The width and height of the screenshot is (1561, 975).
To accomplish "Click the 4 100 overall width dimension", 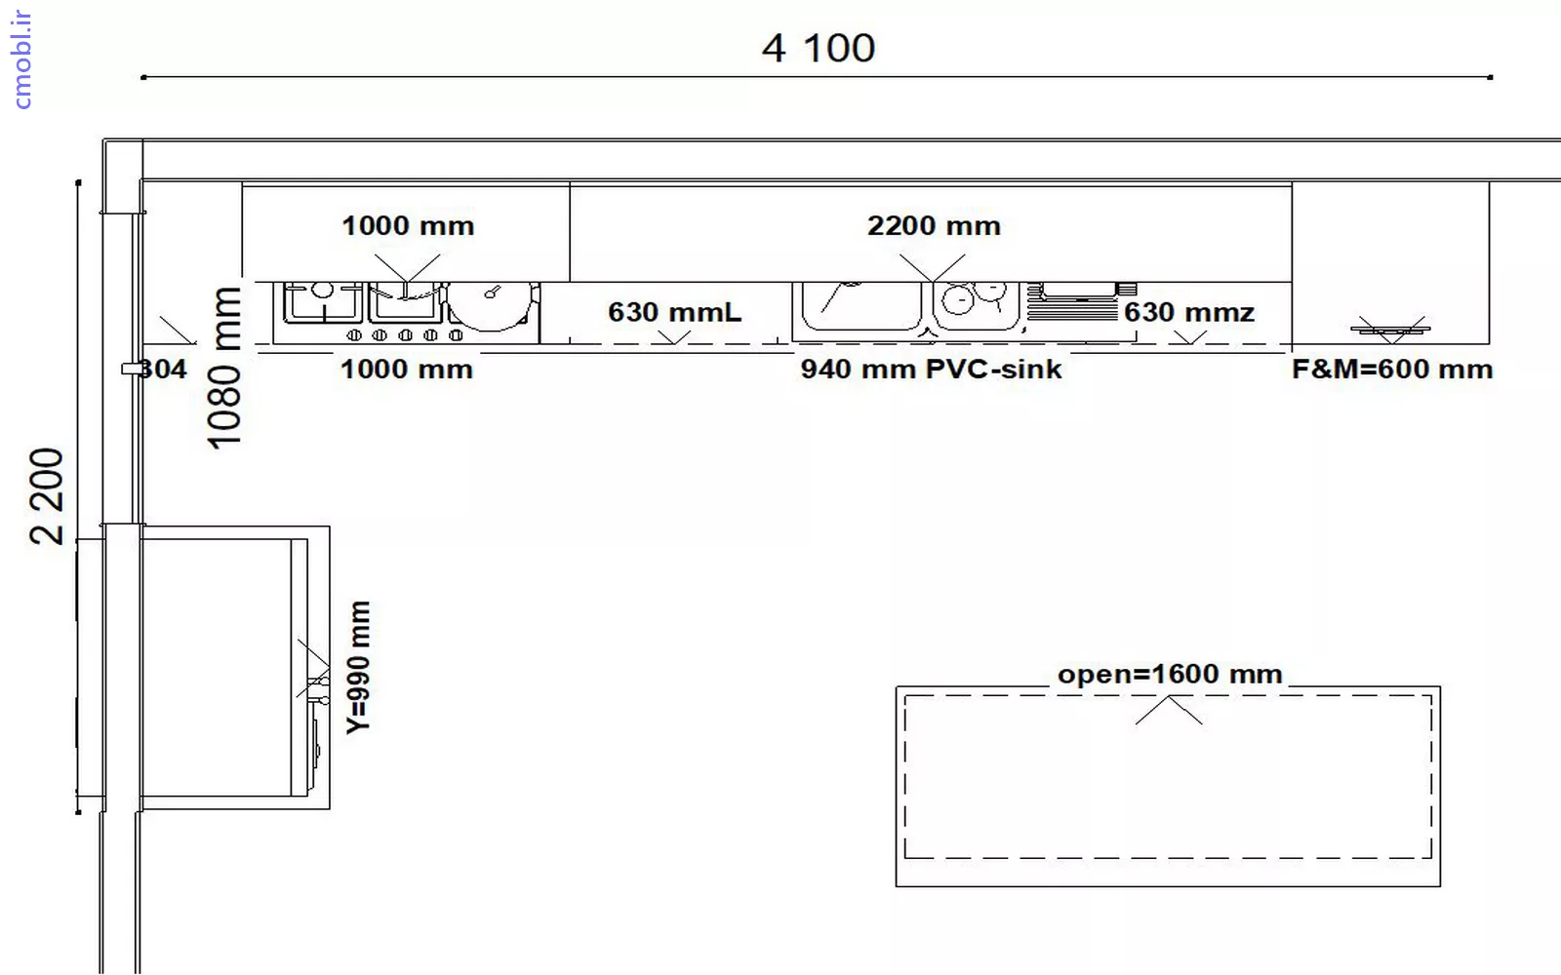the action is point(819,48).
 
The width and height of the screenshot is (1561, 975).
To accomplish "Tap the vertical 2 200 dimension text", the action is point(47,496).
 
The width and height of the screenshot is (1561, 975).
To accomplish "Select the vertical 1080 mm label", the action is point(225,368).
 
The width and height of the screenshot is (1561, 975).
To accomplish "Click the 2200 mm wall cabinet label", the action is point(934,225).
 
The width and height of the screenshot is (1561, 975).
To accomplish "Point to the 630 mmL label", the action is point(674,312).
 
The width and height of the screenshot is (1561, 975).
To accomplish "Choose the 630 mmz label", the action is point(1189,312).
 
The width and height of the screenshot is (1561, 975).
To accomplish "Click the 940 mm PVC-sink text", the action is point(931,370).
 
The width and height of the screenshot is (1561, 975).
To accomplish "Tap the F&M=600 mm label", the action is point(1392,370).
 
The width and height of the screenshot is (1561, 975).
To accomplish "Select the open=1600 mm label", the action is point(1170,674).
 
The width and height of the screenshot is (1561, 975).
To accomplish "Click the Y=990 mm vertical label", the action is point(359,667).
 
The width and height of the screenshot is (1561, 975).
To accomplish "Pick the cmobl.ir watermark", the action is point(21,59).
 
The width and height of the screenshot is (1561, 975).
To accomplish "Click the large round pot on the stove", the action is point(491,305).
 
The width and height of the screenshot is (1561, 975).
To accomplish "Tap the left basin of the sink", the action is point(861,305).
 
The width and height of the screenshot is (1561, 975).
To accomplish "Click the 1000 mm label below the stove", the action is point(407,370).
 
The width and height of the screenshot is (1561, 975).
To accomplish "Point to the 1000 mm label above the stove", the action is point(409,225).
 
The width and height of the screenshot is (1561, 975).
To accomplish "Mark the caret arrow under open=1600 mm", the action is point(1169,710).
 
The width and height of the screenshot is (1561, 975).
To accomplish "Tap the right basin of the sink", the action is point(976,305).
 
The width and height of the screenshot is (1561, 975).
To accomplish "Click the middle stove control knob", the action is point(405,335).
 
